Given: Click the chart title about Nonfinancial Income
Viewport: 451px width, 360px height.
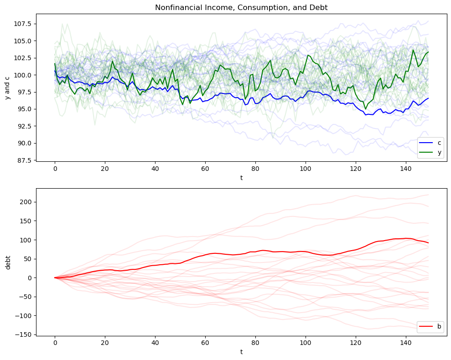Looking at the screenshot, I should (x=241, y=7).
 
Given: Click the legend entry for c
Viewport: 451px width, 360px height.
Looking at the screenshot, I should (x=440, y=143).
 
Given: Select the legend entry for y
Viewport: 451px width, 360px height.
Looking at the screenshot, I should (x=440, y=153).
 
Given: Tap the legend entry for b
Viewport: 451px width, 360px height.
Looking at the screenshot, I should (x=439, y=326).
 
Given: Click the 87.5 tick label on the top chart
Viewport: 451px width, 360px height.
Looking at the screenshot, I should (x=23, y=160).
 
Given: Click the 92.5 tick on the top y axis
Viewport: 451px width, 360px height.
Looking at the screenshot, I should (x=23, y=126).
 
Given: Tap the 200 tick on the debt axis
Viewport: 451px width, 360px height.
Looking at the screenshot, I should (x=26, y=202).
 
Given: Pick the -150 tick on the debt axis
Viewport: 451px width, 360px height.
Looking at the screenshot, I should (x=24, y=334).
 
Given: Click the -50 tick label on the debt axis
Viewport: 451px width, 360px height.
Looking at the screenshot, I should (x=25, y=297).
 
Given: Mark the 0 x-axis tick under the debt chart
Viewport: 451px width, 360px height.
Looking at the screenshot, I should (x=55, y=345).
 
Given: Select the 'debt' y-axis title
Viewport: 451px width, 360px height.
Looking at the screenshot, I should (x=8, y=262).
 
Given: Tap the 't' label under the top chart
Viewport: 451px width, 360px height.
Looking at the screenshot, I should (x=241, y=178).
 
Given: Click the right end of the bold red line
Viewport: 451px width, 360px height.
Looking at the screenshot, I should (x=428, y=243).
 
